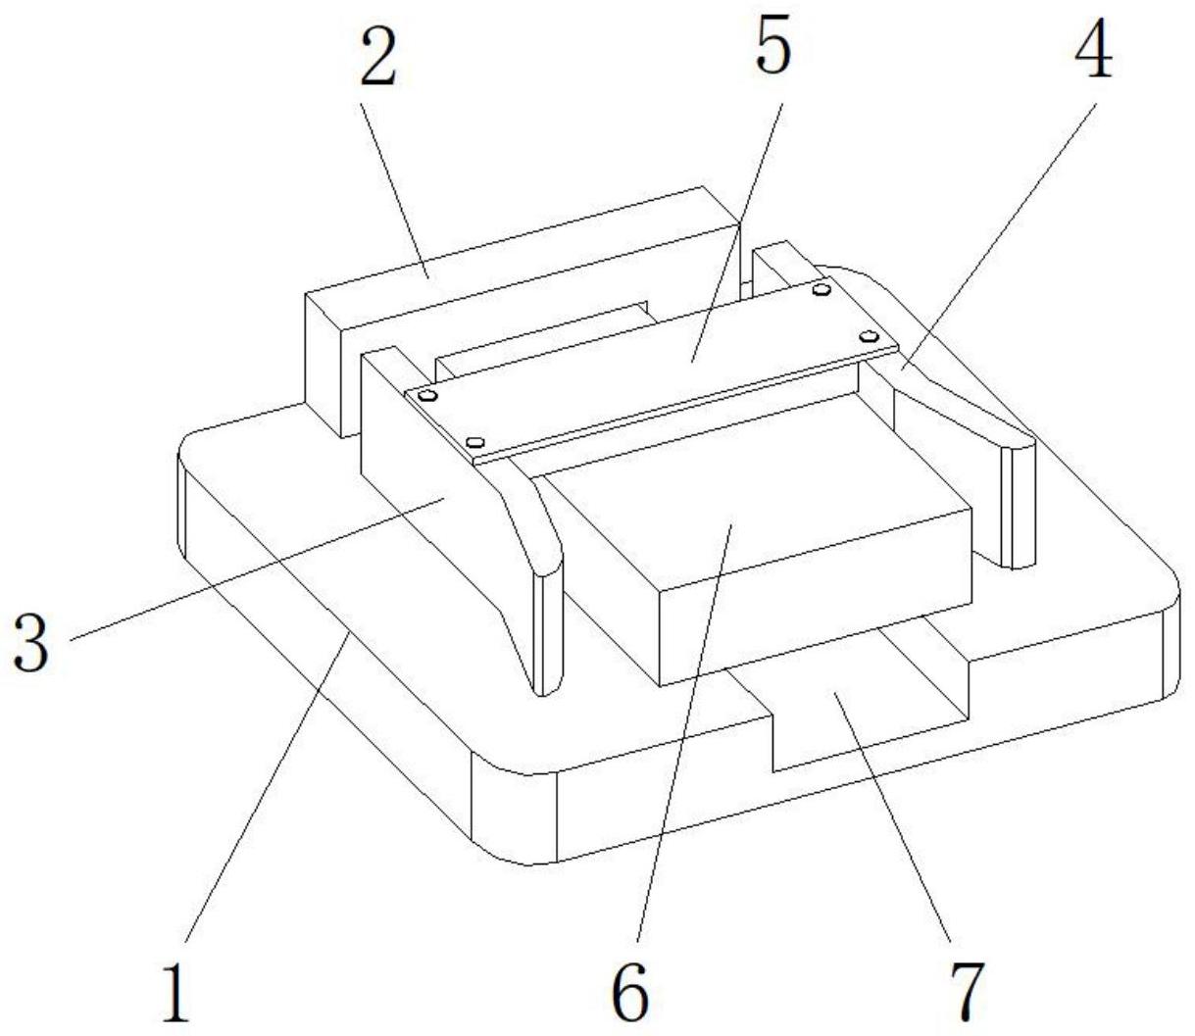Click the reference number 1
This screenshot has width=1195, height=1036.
pos(175,991)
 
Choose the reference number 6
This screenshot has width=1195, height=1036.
pos(629,991)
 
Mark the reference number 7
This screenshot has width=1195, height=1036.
pos(966,991)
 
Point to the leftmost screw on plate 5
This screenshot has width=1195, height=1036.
pos(426,396)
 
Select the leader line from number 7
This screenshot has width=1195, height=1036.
pos(892,823)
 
